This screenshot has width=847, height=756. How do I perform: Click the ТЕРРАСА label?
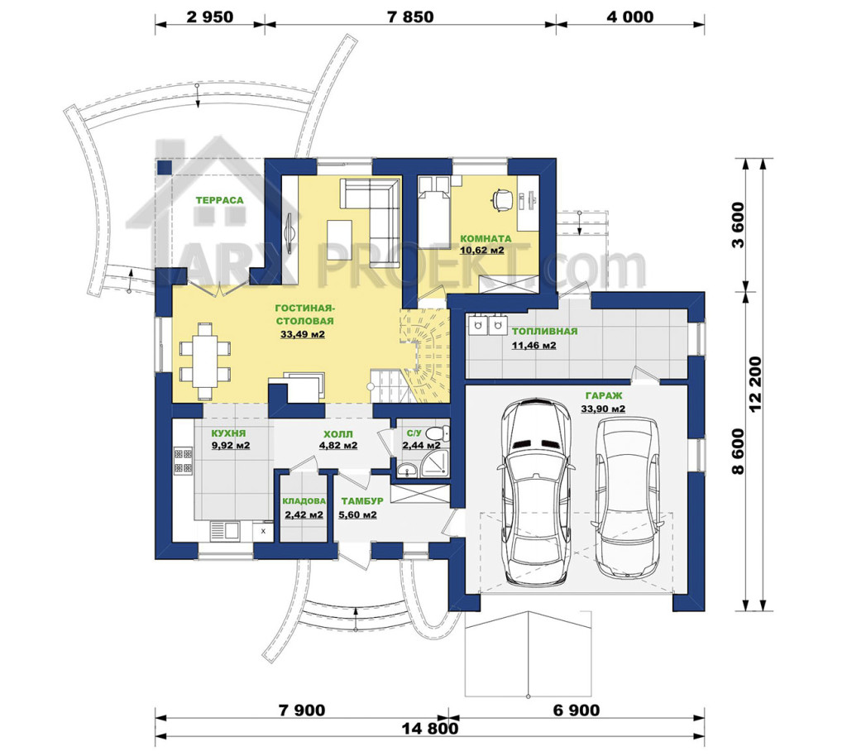point(219,200)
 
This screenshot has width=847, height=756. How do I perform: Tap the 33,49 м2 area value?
point(303,334)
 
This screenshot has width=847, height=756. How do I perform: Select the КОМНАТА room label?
point(486,238)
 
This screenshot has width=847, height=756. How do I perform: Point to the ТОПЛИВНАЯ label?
point(544,332)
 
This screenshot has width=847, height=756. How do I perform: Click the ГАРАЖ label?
point(603,396)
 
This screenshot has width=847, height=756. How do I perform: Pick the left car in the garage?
point(535,492)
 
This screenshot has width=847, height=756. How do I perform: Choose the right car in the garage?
point(627,498)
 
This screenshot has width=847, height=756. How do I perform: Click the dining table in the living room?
point(205,361)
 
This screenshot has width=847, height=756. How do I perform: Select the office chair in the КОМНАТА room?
point(502,199)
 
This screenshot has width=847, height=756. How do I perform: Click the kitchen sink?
point(224,531)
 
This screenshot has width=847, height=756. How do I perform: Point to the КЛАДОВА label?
point(304,501)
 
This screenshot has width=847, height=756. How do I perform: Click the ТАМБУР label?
point(362,501)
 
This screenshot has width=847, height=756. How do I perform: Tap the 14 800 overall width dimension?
point(430,729)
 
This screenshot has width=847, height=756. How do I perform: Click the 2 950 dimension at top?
point(210,17)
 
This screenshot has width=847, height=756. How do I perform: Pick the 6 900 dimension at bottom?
point(577,711)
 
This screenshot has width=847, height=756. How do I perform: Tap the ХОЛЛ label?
point(338,434)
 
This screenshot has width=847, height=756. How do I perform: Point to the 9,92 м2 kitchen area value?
point(231,446)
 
